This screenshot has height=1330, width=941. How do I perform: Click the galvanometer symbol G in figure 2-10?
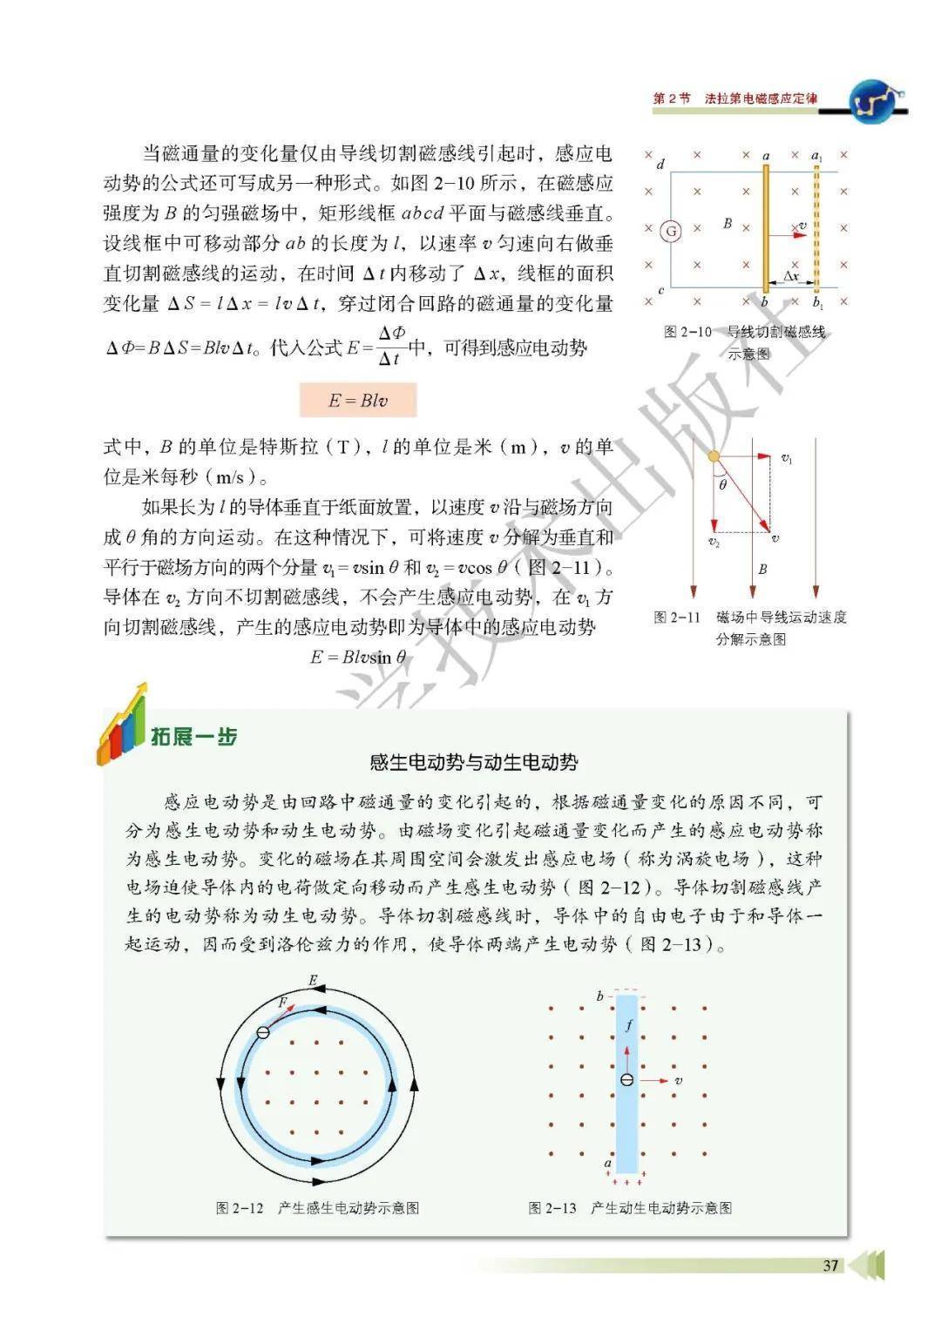click(670, 231)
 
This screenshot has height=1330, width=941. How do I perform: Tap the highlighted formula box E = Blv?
click(358, 401)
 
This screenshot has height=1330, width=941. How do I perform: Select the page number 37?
click(830, 1265)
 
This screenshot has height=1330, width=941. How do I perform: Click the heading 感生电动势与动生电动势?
click(474, 763)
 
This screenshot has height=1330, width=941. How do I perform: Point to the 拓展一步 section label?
click(193, 737)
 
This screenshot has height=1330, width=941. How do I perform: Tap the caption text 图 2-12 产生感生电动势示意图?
click(317, 1208)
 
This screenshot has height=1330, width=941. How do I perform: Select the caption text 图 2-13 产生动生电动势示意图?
click(630, 1208)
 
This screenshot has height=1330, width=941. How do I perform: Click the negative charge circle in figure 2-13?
click(626, 1080)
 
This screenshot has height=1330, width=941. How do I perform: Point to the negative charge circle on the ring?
click(263, 1032)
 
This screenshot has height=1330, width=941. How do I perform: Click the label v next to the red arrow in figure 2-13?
click(678, 1081)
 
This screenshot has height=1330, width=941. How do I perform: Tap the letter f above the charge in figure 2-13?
click(629, 1026)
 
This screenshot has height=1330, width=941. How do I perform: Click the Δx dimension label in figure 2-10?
click(790, 276)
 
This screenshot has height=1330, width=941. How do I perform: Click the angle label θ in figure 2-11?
click(723, 484)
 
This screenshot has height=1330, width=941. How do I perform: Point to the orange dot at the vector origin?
click(714, 456)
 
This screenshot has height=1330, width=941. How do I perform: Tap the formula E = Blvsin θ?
click(358, 658)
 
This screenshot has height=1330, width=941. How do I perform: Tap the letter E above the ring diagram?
click(313, 981)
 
